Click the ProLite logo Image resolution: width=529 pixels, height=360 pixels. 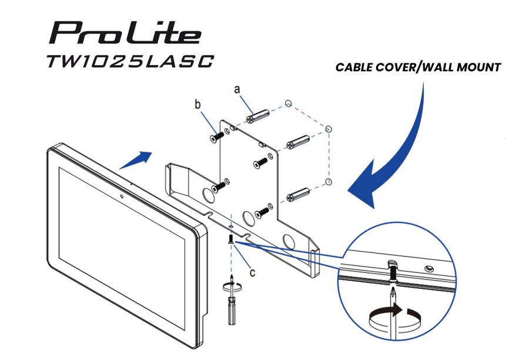click(125, 33)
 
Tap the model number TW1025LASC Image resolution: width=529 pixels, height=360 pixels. click(130, 62)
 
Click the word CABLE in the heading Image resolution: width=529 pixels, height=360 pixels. click(354, 67)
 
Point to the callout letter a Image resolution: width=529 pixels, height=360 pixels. click(237, 89)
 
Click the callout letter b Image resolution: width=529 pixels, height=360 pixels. click(197, 104)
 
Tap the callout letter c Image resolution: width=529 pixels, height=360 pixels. click(252, 272)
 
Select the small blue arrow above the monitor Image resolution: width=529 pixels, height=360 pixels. click(136, 160)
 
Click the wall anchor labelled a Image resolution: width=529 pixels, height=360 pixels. click(258, 116)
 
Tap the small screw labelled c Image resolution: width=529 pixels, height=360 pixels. click(231, 238)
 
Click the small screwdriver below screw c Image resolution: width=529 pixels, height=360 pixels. click(232, 300)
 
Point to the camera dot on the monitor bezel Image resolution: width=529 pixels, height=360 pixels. click(122, 196)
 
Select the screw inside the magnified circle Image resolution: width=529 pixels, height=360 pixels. click(393, 272)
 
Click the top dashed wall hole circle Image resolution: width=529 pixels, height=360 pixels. click(288, 104)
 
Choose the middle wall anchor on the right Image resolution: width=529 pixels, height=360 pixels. click(298, 142)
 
